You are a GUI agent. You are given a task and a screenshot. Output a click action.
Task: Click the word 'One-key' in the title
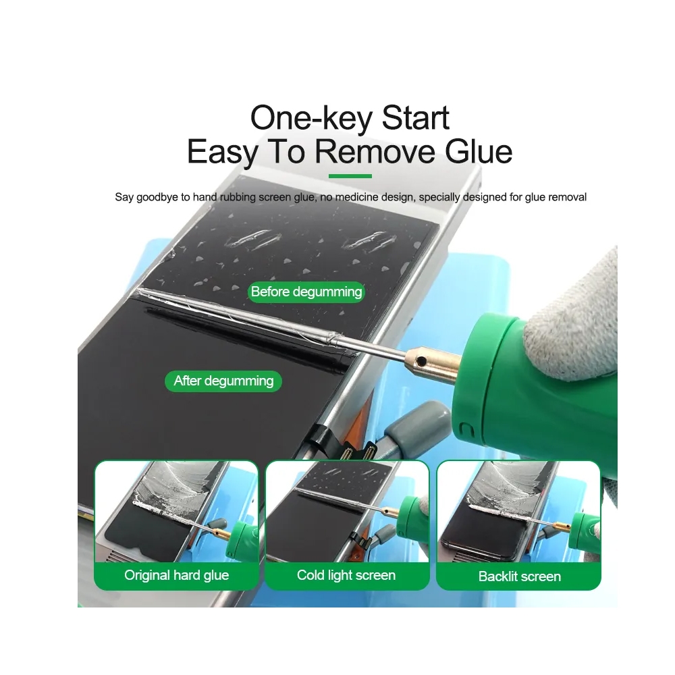(x=311, y=118)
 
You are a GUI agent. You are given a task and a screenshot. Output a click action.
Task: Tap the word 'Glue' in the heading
(x=479, y=152)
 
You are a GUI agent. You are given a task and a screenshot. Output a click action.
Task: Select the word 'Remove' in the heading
(x=375, y=152)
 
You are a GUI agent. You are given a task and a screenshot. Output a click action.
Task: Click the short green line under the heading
(x=350, y=176)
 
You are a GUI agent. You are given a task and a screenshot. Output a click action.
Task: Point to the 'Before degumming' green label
(x=306, y=292)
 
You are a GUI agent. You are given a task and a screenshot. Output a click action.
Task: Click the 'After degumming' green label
(x=223, y=381)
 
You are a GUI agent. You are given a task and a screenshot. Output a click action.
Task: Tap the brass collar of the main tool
(x=433, y=364)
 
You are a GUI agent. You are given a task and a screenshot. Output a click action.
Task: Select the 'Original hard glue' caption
(x=176, y=575)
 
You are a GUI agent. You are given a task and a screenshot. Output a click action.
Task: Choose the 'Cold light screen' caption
(x=346, y=575)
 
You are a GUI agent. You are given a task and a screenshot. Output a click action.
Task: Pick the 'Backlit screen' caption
(x=520, y=576)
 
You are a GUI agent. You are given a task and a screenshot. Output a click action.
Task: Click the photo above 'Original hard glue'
(x=176, y=512)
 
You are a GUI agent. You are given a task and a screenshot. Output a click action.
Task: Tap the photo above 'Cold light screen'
(x=347, y=512)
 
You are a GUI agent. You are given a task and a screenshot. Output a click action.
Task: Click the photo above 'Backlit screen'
(x=518, y=512)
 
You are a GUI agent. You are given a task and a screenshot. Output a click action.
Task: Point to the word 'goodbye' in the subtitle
(x=157, y=198)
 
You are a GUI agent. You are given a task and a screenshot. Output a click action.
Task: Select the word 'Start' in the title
(x=415, y=117)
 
